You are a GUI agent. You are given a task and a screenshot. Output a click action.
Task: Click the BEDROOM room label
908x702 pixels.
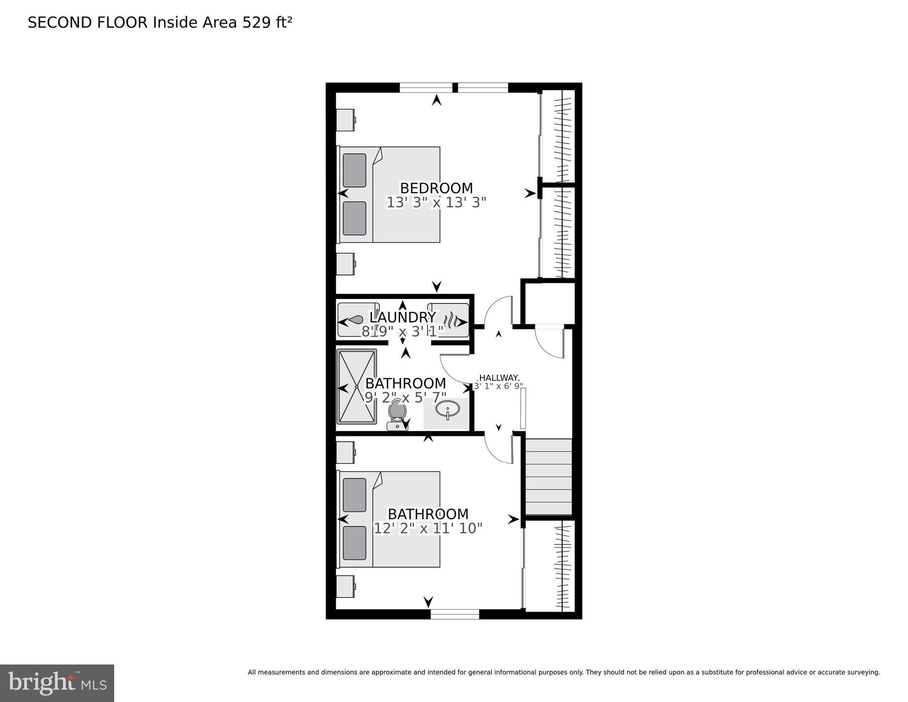(x=436, y=188)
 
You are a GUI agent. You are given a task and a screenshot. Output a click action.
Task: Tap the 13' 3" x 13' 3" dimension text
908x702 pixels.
(x=436, y=202)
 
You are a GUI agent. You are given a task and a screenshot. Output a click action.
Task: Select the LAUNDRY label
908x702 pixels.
(x=402, y=317)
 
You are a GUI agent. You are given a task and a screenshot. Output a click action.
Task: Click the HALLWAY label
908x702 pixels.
(x=499, y=378)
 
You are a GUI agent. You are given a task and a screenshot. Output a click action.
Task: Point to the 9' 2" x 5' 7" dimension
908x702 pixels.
(x=405, y=398)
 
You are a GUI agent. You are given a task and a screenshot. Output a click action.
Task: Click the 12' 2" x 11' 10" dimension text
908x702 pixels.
(x=428, y=528)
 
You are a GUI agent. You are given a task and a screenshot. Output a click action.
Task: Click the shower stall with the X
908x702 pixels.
(x=357, y=387)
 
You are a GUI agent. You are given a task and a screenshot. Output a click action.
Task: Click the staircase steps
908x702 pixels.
(x=549, y=477)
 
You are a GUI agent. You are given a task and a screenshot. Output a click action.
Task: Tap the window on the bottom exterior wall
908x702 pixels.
(x=454, y=614)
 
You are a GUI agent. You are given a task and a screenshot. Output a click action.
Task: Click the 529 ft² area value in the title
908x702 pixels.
(x=267, y=22)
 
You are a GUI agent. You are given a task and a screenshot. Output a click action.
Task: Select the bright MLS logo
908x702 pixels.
(x=57, y=683)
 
